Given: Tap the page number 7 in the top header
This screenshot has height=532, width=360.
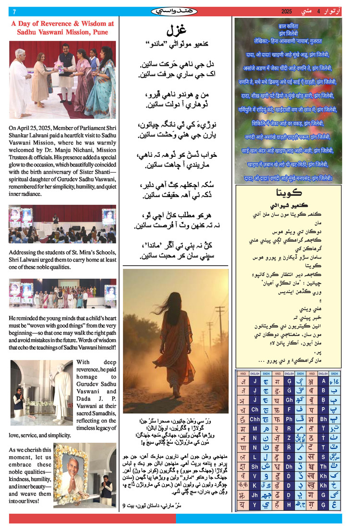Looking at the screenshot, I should (x=14, y=12).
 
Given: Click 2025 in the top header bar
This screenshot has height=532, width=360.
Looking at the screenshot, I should (x=287, y=12).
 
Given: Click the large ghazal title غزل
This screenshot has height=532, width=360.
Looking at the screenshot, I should (x=176, y=31).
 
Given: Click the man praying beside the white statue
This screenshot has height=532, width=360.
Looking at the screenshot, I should (x=19, y=403).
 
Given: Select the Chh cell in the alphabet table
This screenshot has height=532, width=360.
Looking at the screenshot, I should (x=255, y=419).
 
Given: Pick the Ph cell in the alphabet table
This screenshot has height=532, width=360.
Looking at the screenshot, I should (x=289, y=419).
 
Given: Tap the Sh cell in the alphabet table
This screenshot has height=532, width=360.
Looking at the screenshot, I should (x=255, y=466).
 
